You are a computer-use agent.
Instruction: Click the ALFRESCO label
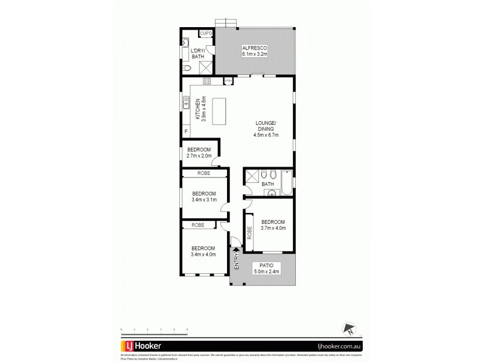[254, 47]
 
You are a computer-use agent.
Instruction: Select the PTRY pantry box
[228, 80]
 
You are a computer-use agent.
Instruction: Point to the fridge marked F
[185, 130]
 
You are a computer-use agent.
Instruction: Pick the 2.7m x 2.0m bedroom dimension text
[199, 156]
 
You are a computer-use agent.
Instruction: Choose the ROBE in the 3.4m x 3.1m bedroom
[204, 173]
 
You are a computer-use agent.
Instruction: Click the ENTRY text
[237, 261]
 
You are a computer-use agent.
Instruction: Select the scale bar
[155, 329]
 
